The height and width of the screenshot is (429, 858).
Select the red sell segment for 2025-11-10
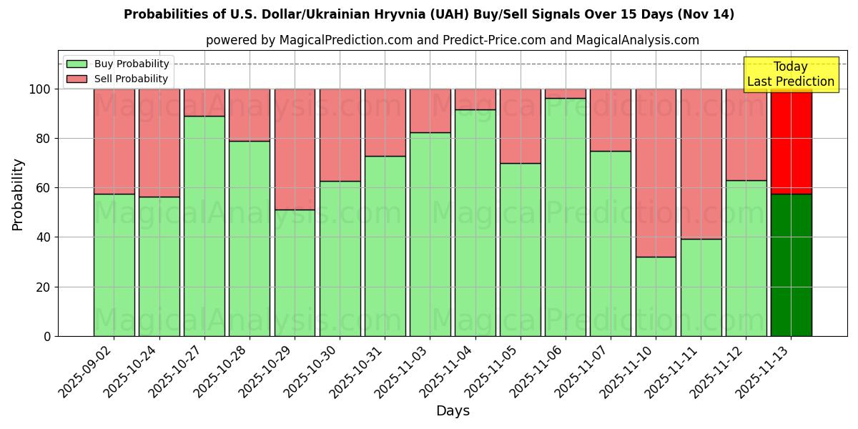pos(656,172)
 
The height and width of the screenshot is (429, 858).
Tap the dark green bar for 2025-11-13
pos(791,265)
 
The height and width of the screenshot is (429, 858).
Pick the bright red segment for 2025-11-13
pos(791,141)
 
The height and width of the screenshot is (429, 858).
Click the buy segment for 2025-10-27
pos(204,226)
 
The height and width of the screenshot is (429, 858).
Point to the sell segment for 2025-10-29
pos(295,149)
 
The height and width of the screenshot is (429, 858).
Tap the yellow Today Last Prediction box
pos(791,74)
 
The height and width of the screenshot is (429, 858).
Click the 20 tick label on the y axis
pos(44,287)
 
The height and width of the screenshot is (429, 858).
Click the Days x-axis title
pos(453,411)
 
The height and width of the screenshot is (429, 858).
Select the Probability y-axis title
pos(18,194)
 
